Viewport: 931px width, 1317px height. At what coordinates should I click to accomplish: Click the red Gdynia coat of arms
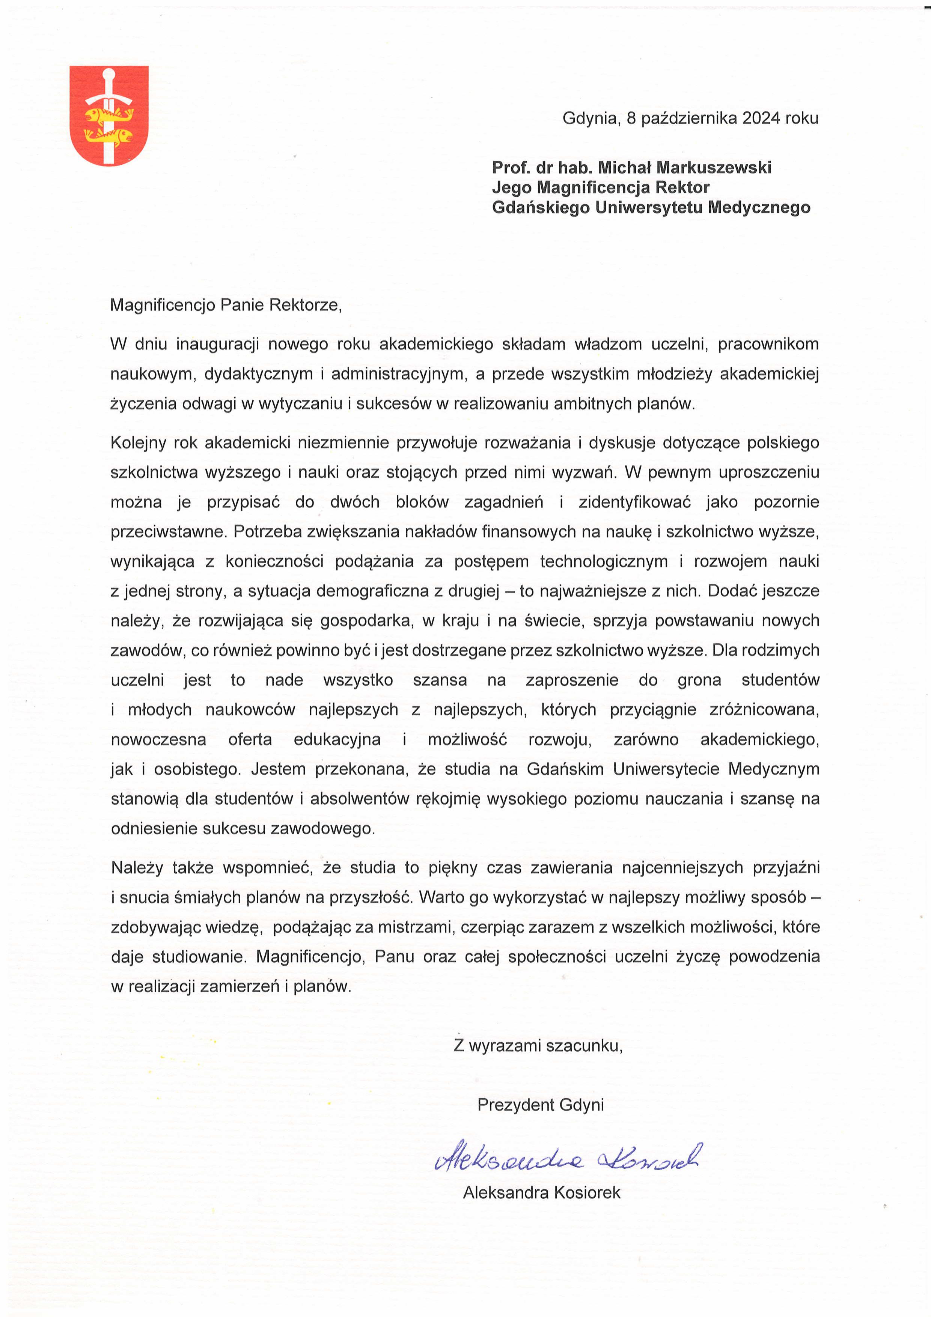tap(109, 116)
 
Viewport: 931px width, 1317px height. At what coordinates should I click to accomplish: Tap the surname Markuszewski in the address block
tap(714, 167)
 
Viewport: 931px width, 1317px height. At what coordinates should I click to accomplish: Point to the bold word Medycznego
tap(759, 207)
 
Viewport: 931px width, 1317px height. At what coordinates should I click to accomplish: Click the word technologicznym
tap(604, 561)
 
